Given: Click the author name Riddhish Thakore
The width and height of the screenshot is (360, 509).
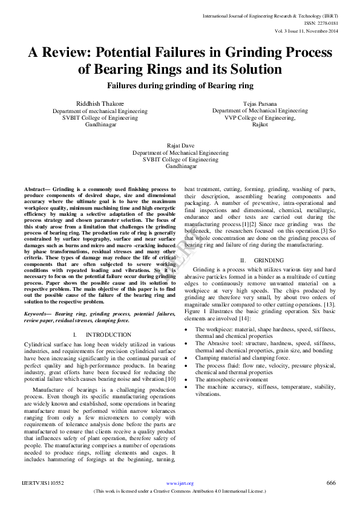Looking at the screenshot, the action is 99,104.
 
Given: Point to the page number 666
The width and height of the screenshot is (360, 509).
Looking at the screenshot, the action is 331,482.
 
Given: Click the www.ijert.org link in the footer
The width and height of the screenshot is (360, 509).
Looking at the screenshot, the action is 180,483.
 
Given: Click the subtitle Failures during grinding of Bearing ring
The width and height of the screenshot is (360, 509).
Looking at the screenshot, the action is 180,86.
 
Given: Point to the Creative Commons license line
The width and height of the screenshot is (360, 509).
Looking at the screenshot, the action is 180,491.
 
